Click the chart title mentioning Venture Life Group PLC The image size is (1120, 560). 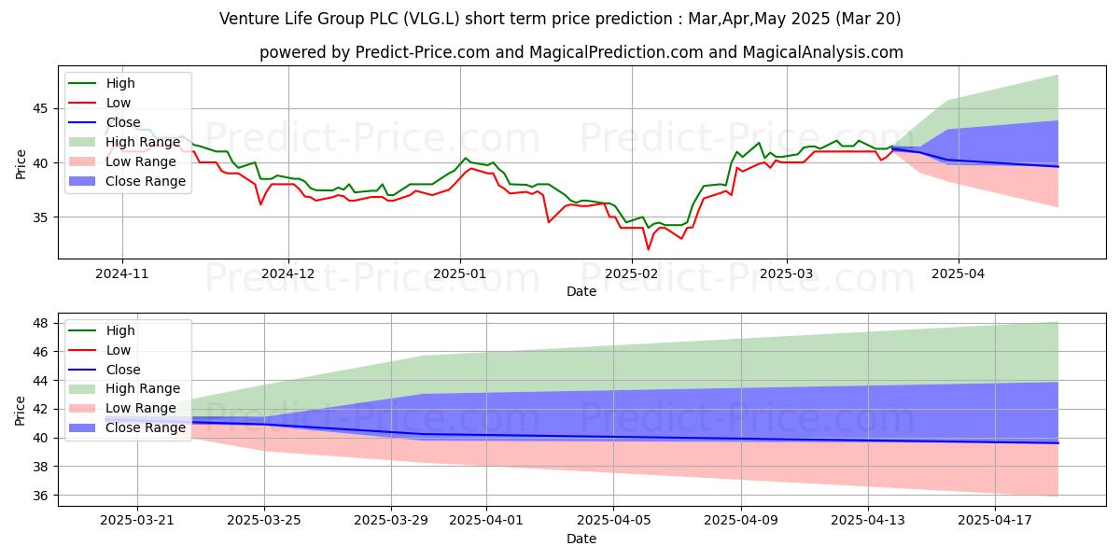click(560, 19)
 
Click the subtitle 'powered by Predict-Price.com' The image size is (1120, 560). click(581, 53)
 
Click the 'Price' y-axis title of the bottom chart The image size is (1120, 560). click(21, 410)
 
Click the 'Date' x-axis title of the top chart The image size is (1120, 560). click(581, 291)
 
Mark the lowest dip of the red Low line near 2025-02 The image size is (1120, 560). click(648, 249)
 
